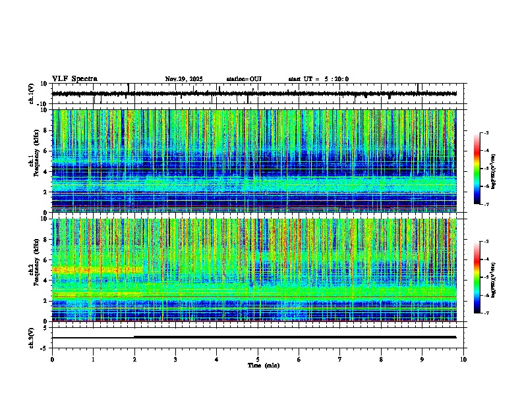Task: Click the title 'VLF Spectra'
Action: [x=74, y=79]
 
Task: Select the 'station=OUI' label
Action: [x=244, y=79]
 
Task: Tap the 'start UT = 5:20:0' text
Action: [x=318, y=79]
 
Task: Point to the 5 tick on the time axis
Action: [x=258, y=359]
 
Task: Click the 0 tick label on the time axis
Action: [x=52, y=359]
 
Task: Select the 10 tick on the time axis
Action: [x=463, y=359]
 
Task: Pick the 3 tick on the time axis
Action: [x=175, y=359]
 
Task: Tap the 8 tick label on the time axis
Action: [x=381, y=359]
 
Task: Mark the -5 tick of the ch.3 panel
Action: [x=47, y=347]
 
